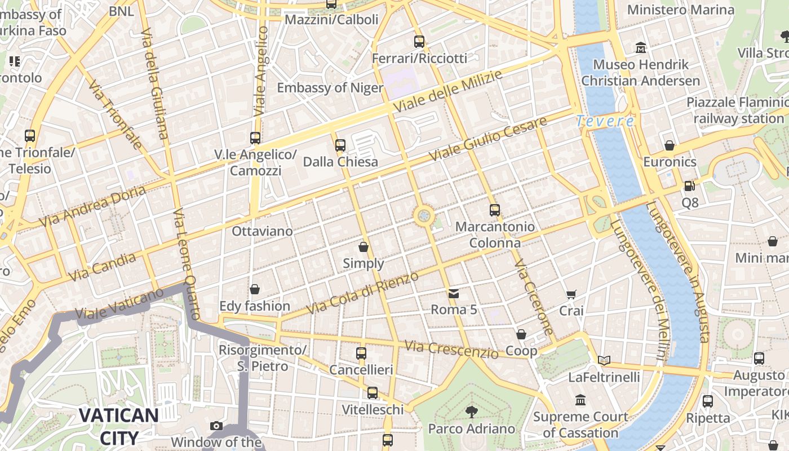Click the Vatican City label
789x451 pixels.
click(x=118, y=427)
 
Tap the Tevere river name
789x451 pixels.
click(x=605, y=121)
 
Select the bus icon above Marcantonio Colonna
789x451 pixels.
click(x=494, y=210)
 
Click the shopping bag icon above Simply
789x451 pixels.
click(x=364, y=247)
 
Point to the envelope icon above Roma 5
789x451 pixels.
click(x=453, y=293)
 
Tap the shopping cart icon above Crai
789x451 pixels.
click(x=571, y=294)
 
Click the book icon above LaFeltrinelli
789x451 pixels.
click(x=604, y=360)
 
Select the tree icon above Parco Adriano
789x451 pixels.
click(x=471, y=412)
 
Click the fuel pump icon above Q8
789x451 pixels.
click(x=689, y=185)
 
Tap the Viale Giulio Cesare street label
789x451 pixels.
click(x=487, y=139)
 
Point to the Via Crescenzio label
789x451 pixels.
click(x=451, y=350)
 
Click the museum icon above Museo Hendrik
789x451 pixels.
click(x=640, y=48)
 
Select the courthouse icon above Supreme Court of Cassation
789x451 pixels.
click(x=580, y=400)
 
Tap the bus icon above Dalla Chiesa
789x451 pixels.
click(x=340, y=145)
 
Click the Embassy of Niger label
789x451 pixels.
click(x=330, y=88)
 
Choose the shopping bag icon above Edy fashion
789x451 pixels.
click(x=255, y=289)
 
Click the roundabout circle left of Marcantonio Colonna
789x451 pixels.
click(x=424, y=215)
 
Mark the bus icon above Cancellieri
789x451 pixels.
click(x=361, y=353)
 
